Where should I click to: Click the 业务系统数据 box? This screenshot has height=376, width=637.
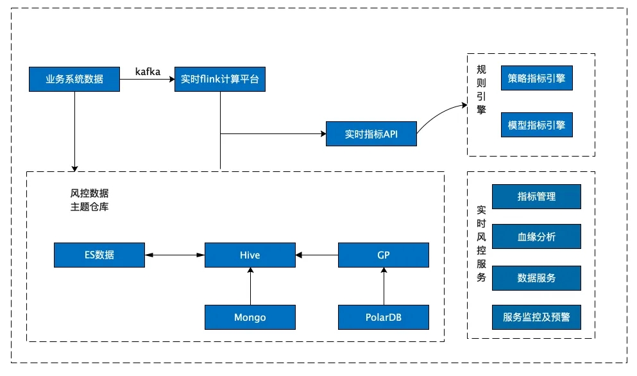click(x=74, y=80)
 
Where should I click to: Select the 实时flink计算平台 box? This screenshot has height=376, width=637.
click(x=220, y=80)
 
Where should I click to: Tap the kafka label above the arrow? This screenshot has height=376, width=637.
click(x=148, y=71)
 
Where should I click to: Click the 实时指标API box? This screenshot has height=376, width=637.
click(x=371, y=133)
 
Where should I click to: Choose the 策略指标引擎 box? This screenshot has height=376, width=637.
click(x=537, y=78)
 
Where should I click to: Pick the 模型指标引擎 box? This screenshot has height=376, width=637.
click(x=537, y=124)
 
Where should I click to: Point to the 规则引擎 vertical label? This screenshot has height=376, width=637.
click(x=481, y=89)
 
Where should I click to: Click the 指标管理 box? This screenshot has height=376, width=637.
click(x=536, y=197)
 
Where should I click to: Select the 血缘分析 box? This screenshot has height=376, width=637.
click(x=536, y=236)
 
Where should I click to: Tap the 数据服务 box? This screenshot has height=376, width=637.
click(x=536, y=278)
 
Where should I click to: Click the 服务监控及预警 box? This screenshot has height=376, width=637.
click(x=536, y=317)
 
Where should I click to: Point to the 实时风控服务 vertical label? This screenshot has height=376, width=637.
click(x=481, y=244)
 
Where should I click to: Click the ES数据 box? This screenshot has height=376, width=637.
click(x=99, y=255)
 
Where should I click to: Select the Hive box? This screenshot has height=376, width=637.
click(x=250, y=255)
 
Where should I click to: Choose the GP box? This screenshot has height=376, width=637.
click(x=384, y=255)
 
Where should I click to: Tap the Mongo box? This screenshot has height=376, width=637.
click(x=250, y=317)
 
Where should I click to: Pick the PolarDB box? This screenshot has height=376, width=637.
click(x=384, y=317)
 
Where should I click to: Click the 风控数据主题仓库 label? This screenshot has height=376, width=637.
click(x=89, y=200)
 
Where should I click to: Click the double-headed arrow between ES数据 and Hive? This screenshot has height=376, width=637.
click(x=174, y=255)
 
